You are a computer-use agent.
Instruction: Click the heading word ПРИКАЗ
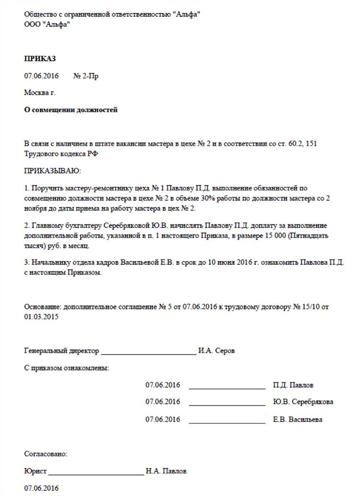pyautogui.click(x=40, y=59)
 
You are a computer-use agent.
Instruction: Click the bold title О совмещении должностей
pyautogui.click(x=71, y=110)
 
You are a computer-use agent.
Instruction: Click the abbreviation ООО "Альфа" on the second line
pyautogui.click(x=46, y=24)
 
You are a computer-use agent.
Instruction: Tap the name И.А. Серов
pyautogui.click(x=216, y=351)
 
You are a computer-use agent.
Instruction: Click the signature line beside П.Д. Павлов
pyautogui.click(x=227, y=386)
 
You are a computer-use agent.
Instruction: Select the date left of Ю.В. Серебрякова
pyautogui.click(x=163, y=402)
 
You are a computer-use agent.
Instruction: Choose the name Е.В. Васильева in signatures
pyautogui.click(x=298, y=419)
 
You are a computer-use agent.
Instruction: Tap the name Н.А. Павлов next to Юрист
pyautogui.click(x=166, y=471)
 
